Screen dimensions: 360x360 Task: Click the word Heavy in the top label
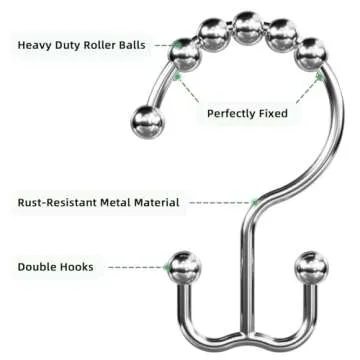pos(36,46)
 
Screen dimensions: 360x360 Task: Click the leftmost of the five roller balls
pos(185,50)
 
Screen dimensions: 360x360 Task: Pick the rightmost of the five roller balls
pos(312,51)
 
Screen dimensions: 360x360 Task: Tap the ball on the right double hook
pos(312,268)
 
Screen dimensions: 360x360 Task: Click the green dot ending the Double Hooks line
pos(165,267)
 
